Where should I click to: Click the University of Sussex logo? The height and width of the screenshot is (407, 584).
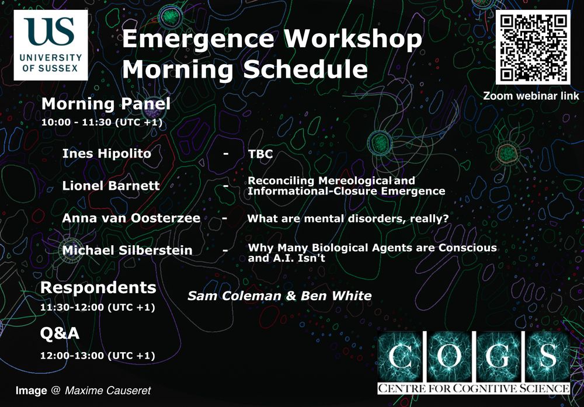[51, 45]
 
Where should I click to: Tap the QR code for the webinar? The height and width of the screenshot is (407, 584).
[533, 47]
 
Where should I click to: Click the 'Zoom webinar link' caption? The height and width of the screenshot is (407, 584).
[531, 96]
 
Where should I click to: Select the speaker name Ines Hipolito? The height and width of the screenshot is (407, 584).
[106, 154]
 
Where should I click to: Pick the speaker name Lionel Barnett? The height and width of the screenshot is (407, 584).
[110, 186]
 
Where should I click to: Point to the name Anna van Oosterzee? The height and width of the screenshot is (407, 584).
[131, 218]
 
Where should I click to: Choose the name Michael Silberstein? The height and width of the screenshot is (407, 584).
[127, 251]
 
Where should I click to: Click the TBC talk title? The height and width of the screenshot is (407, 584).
[260, 154]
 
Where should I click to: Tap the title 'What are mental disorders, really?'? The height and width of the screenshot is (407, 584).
[348, 218]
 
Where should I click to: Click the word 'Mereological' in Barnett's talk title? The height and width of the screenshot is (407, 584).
[354, 180]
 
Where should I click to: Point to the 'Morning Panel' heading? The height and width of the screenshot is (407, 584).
[106, 104]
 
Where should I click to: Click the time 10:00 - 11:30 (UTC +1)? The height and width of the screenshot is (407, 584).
[102, 122]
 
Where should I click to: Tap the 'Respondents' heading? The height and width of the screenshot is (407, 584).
[98, 288]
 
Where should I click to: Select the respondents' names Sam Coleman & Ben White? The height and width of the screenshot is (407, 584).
[279, 295]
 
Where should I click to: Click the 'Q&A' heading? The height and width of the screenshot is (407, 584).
[60, 333]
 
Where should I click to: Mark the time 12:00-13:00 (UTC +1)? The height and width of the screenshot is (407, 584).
[98, 356]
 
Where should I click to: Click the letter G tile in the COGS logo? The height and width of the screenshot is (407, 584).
[499, 356]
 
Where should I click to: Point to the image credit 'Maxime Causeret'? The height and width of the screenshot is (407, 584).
[107, 390]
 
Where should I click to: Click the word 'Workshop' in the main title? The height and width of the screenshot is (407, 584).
[353, 39]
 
